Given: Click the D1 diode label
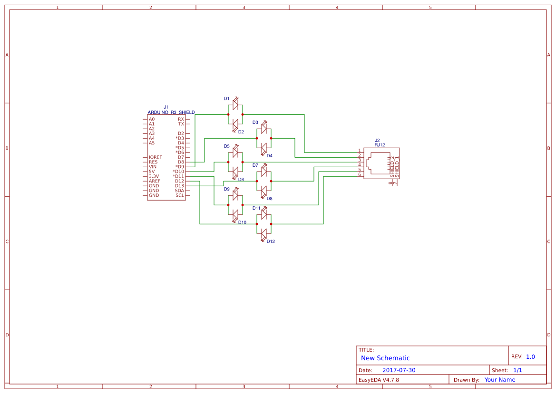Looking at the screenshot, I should [x=227, y=99].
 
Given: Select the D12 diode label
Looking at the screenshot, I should [x=271, y=242].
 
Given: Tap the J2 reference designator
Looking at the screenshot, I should [x=378, y=140].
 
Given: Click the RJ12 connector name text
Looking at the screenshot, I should [x=380, y=145].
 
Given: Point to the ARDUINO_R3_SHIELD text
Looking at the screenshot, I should [x=171, y=112].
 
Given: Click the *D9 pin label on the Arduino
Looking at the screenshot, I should [x=178, y=167].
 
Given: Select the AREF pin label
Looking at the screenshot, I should [x=155, y=181].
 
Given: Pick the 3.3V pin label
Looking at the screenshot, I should [x=154, y=176].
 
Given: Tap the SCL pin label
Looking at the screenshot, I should [x=180, y=195].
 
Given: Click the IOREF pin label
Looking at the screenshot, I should [x=156, y=157].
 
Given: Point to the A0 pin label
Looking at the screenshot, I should [x=152, y=119].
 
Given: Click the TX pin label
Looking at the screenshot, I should [x=181, y=124].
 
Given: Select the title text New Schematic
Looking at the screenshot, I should [x=385, y=358].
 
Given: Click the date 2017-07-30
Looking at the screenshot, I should [x=399, y=370].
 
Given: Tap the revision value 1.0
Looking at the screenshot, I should [x=530, y=357].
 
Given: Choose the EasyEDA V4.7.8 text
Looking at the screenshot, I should [x=379, y=380].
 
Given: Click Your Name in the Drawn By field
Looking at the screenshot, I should [x=500, y=380].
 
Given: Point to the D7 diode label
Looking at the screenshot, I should [x=255, y=165].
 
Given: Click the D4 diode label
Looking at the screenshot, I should [x=270, y=156].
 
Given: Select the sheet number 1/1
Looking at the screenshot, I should [x=517, y=370].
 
